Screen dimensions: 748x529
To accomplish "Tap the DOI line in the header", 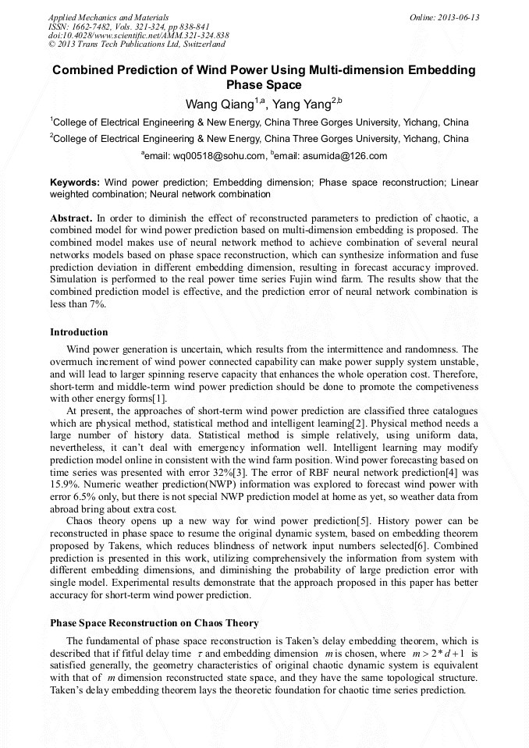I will (x=138, y=35).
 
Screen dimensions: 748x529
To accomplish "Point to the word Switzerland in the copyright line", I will (x=203, y=44).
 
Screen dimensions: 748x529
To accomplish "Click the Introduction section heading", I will (x=79, y=332).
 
